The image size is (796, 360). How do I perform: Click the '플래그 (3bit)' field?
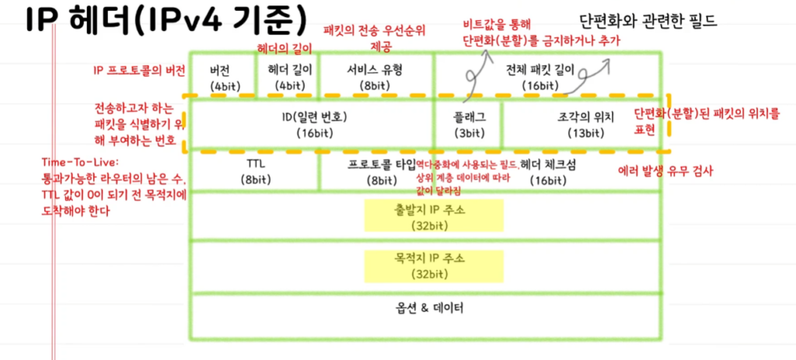pyautogui.click(x=469, y=124)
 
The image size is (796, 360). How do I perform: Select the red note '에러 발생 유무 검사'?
pyautogui.click(x=665, y=171)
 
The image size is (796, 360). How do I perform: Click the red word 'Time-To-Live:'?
pyautogui.click(x=78, y=163)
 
